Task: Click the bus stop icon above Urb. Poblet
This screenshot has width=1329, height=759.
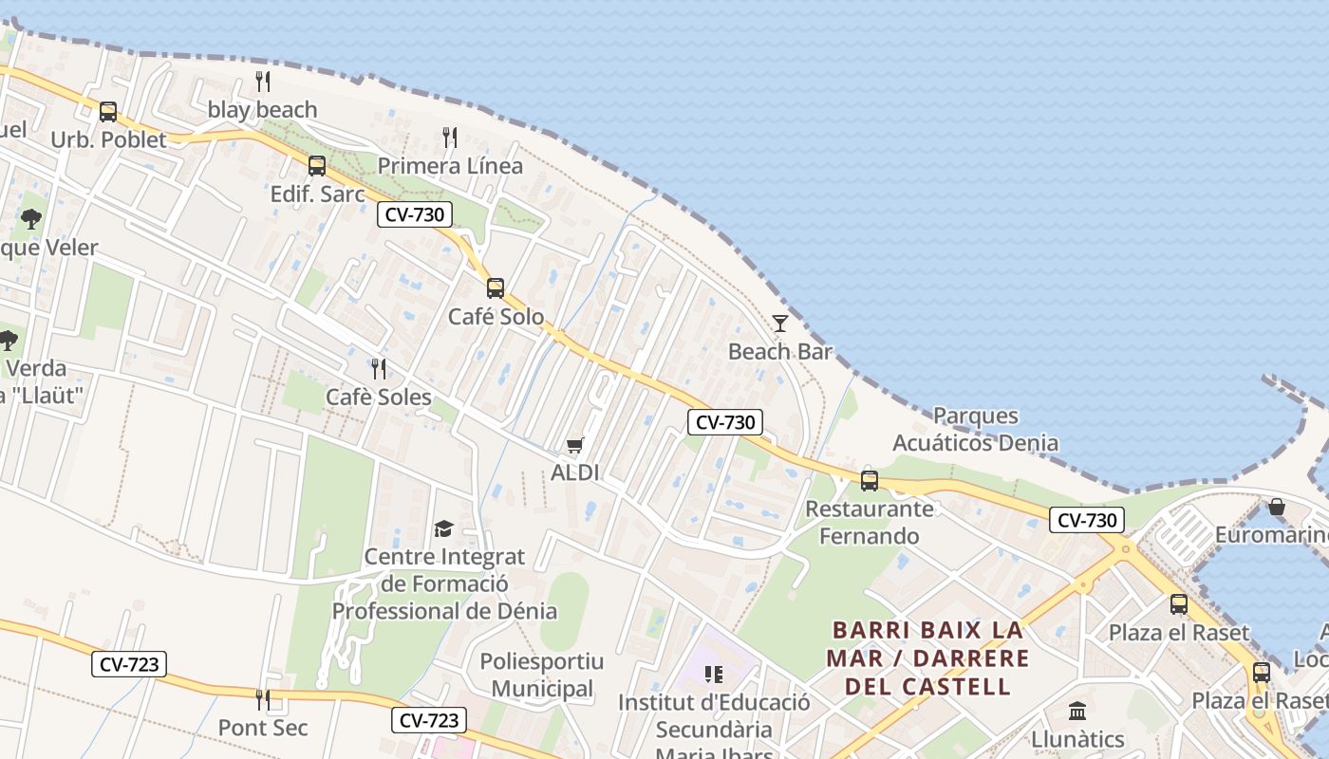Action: [108, 112]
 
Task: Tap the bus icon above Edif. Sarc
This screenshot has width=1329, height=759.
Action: [317, 166]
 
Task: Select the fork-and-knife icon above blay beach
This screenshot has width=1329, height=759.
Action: [263, 82]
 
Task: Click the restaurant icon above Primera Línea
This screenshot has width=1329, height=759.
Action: [450, 138]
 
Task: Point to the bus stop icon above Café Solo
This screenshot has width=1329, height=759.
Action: [496, 288]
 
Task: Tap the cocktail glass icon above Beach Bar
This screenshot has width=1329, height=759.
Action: [780, 324]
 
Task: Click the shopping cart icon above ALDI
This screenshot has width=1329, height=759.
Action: [575, 445]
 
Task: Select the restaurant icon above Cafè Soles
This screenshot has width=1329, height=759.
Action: [379, 368]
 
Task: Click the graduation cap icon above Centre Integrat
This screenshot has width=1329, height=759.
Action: [443, 528]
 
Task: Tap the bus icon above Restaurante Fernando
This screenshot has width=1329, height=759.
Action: [870, 481]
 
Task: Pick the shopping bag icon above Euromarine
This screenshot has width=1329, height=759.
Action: [1277, 508]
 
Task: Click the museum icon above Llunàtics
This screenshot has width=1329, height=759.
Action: [1077, 711]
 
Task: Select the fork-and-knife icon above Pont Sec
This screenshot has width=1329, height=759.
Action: [263, 700]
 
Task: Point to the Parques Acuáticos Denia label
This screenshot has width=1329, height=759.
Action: [975, 429]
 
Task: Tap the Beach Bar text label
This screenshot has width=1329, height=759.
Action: [780, 352]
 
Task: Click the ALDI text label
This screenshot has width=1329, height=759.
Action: [575, 472]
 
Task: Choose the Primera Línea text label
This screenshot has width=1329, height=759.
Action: [450, 166]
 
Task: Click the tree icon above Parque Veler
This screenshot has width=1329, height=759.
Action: [31, 219]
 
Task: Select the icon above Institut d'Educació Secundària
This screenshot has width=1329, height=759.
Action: [714, 675]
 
